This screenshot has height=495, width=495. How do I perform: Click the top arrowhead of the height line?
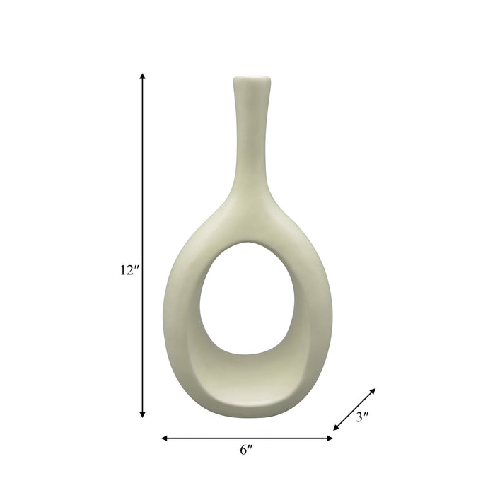[143, 76]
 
